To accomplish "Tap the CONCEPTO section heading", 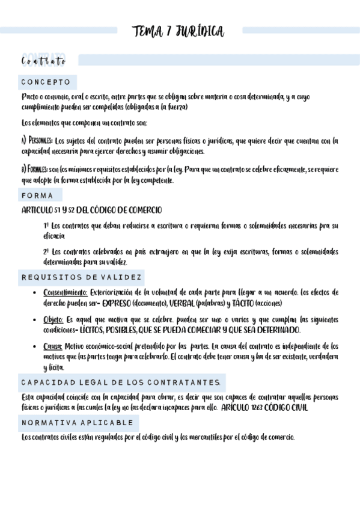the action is [46, 82].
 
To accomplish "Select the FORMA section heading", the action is [37, 195].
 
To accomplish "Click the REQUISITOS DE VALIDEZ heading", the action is [82, 277].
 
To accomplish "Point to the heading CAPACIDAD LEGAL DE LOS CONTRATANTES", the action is [121, 382].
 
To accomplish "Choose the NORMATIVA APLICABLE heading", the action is [77, 423].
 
